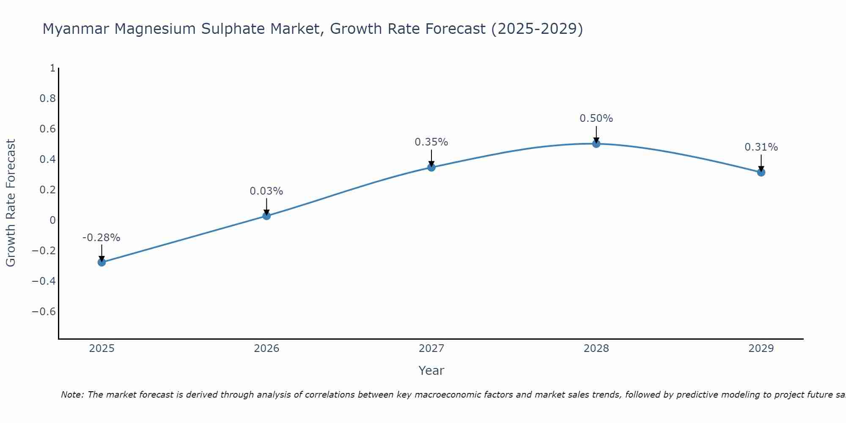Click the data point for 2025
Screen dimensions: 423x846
point(102,262)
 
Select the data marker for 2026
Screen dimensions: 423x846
point(266,216)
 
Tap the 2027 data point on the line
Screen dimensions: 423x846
point(431,167)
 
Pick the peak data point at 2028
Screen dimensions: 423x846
point(596,144)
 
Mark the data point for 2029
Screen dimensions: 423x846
point(761,172)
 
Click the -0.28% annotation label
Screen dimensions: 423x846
point(101,238)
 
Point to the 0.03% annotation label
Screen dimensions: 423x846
point(266,191)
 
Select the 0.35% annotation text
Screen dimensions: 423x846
point(431,142)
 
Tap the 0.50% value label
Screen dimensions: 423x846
point(596,118)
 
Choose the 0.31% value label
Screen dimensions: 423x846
point(761,147)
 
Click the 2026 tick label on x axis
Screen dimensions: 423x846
point(266,349)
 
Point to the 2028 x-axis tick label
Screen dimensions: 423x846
point(596,349)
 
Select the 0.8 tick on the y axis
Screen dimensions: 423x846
point(47,99)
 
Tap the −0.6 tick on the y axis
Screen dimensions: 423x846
point(44,312)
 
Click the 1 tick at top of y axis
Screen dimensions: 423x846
point(52,68)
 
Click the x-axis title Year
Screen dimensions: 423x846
point(431,371)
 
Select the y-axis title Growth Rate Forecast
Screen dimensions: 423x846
point(11,203)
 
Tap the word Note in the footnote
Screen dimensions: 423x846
point(72,395)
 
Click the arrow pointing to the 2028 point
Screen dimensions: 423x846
point(596,135)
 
